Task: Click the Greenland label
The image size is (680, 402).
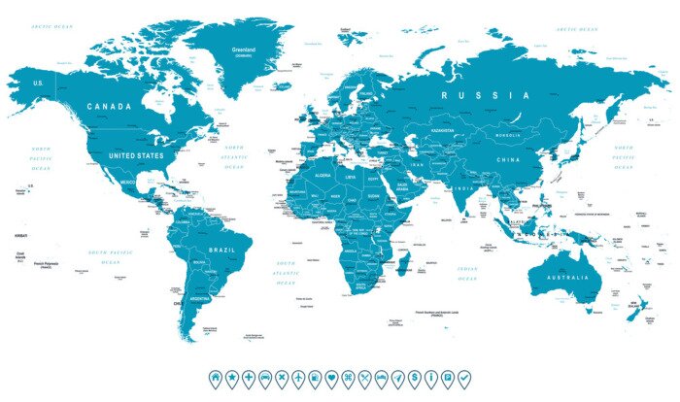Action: [x=244, y=49]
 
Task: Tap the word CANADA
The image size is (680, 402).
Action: [x=109, y=106]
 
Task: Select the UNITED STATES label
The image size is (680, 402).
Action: [x=137, y=154]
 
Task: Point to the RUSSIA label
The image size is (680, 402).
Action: [x=485, y=95]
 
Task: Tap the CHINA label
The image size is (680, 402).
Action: [x=508, y=158]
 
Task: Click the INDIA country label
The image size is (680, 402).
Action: [x=465, y=189]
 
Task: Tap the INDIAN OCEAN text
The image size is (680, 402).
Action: [x=467, y=274]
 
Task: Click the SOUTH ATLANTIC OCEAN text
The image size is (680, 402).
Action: [x=286, y=274]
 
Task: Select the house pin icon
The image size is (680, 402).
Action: [x=215, y=376]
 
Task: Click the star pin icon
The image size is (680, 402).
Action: [x=231, y=376]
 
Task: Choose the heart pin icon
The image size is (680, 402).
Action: [x=331, y=376]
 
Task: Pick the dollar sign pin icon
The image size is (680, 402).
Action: [x=415, y=376]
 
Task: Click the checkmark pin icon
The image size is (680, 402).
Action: [x=464, y=376]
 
